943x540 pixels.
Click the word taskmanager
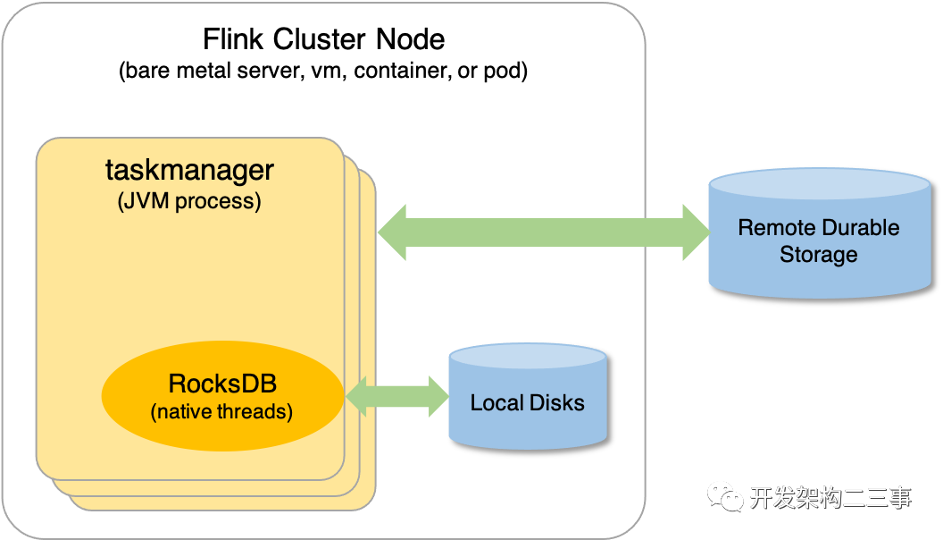click(189, 170)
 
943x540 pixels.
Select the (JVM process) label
click(189, 200)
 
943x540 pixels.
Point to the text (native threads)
click(222, 412)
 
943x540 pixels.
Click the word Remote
click(770, 227)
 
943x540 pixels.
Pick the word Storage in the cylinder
click(818, 255)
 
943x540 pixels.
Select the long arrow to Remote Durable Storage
click(543, 232)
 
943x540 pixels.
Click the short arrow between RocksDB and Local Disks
click(396, 396)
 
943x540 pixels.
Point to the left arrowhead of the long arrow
click(391, 232)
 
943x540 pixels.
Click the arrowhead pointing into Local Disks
click(438, 396)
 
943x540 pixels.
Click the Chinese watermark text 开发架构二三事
click(830, 497)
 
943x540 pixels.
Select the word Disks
click(557, 403)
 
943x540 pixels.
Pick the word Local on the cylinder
click(497, 403)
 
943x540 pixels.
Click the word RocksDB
click(222, 385)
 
